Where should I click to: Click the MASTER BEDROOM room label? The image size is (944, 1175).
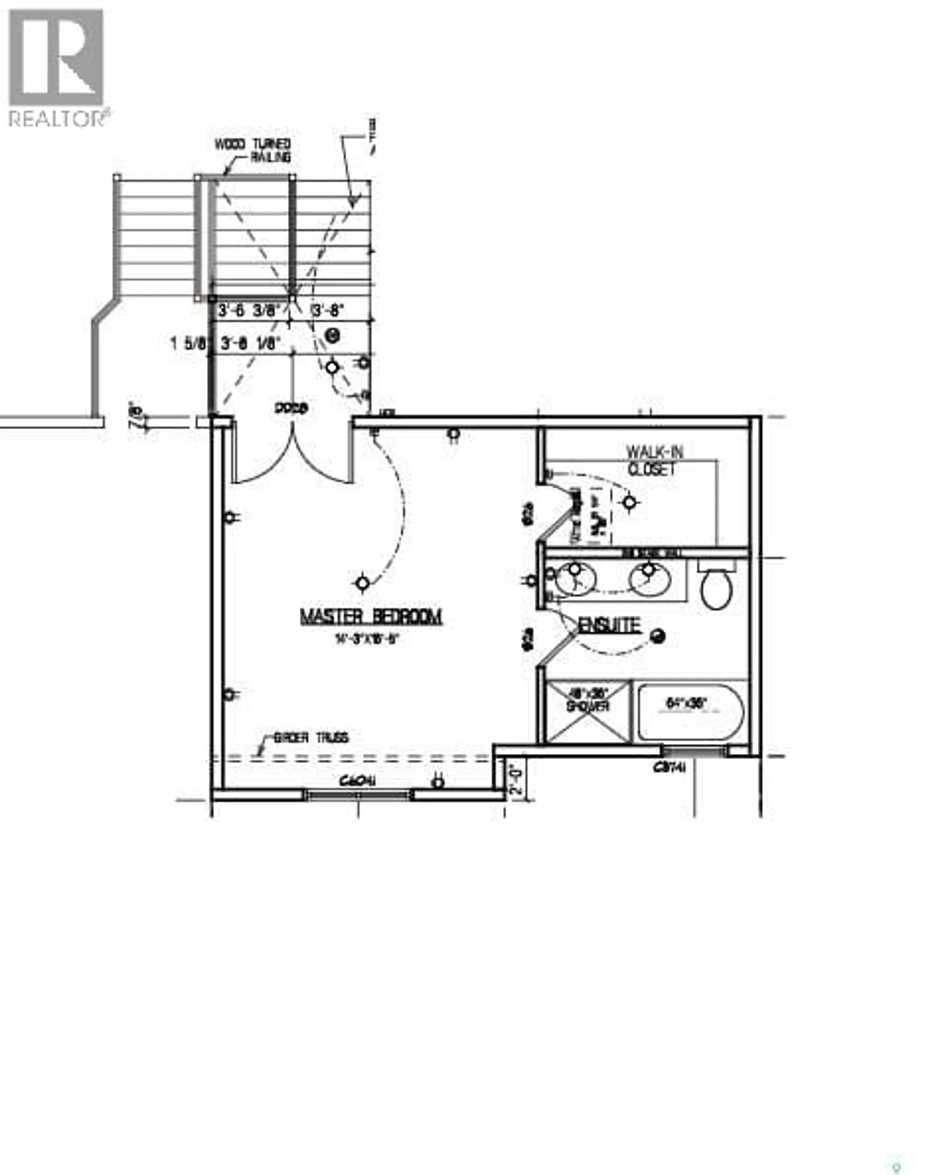tap(371, 617)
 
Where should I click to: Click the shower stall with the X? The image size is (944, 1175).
tap(588, 711)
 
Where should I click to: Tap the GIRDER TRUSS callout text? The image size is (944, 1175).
tap(311, 738)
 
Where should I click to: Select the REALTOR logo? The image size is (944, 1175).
tap(57, 68)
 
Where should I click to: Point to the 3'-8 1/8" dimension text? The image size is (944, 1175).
tap(251, 344)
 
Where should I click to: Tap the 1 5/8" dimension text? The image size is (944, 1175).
tap(189, 344)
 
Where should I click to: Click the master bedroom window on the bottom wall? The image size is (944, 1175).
tap(358, 794)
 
